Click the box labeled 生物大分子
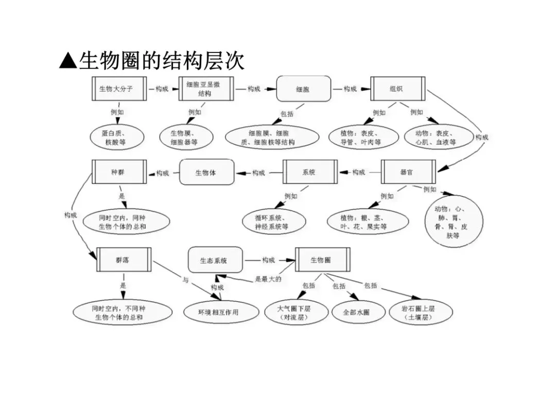119,89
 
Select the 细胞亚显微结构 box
206,89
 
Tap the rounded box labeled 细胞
304,89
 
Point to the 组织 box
398,89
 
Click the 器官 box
408,172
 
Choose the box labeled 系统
310,172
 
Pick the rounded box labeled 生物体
207,172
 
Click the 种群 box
119,172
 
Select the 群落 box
124,260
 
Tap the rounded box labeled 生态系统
216,260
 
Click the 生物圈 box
323,260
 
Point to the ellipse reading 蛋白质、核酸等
117,138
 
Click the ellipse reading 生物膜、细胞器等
186,138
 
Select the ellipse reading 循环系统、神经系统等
274,222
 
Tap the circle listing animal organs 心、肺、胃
454,221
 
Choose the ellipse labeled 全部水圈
358,313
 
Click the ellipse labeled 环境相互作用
221,313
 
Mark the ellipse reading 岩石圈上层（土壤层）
421,313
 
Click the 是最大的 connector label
268,279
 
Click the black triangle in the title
68,60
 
